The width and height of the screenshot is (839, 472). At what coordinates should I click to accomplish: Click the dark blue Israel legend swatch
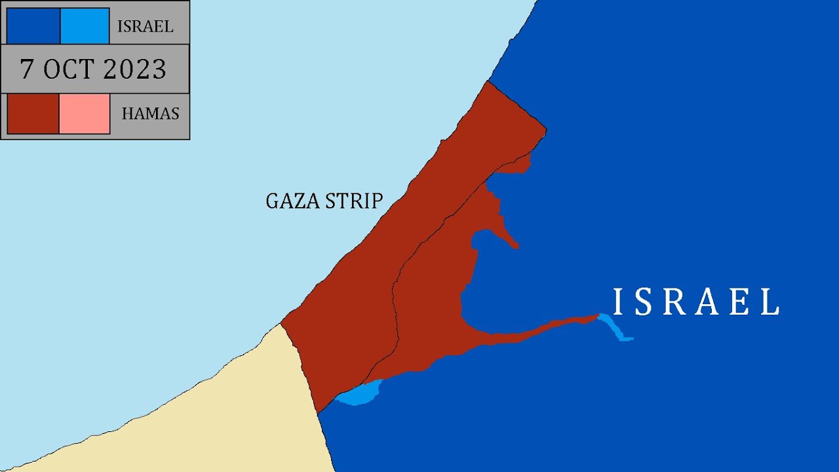(x=33, y=26)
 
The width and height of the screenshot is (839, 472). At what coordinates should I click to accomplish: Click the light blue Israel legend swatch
(x=85, y=26)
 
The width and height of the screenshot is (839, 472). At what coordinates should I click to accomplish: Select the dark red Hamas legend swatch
(x=33, y=114)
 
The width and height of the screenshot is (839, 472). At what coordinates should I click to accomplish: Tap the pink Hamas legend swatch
(x=85, y=114)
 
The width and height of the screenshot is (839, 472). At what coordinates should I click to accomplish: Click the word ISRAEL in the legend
(x=145, y=27)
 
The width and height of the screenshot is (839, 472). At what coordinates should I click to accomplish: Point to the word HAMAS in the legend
(x=150, y=114)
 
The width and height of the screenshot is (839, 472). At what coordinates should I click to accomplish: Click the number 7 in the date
(x=27, y=69)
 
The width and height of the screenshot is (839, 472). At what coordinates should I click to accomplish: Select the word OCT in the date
(x=68, y=69)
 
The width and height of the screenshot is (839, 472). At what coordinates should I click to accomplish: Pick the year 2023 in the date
(x=133, y=69)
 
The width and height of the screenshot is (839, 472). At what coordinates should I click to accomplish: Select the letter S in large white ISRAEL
(x=644, y=302)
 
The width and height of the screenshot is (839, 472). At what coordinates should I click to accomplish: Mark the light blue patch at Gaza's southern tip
(x=359, y=395)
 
